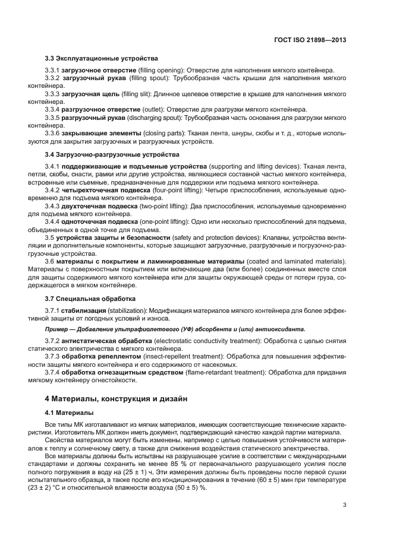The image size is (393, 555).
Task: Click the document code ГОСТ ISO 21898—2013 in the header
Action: point(310,40)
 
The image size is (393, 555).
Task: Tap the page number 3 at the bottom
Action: point(345,505)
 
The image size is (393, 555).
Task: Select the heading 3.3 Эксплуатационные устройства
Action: point(101,59)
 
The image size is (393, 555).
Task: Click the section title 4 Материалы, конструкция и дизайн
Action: point(117,399)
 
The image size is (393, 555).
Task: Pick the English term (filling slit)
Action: point(137,94)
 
